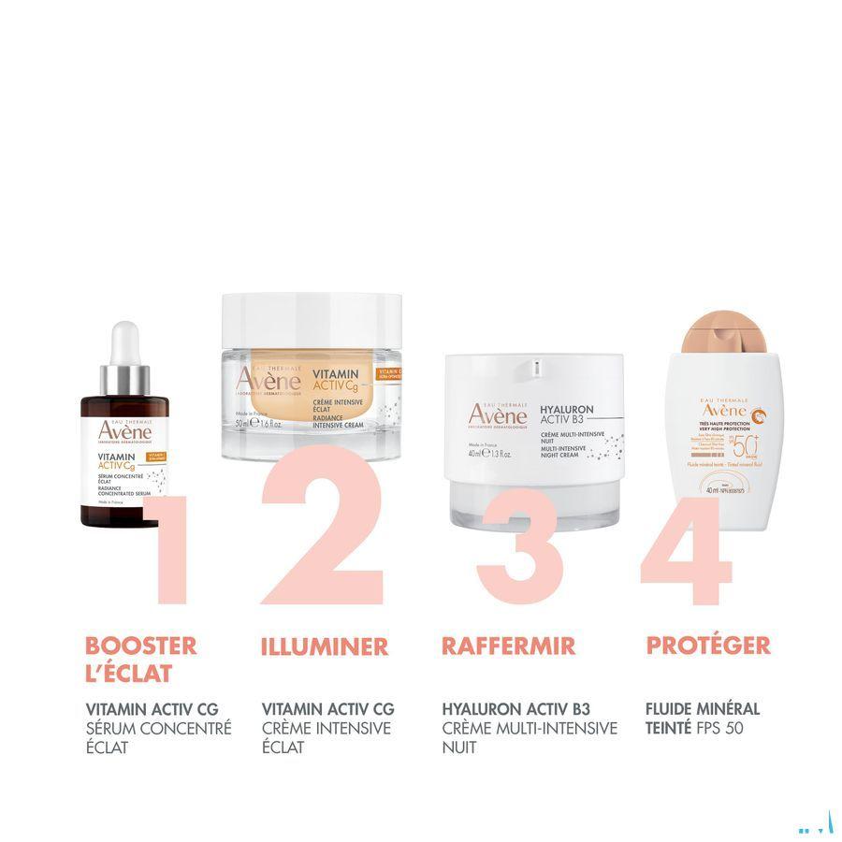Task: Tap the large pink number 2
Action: [323, 529]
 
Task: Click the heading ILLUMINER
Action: [325, 646]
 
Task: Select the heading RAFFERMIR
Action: [508, 646]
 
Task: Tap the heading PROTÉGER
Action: [708, 646]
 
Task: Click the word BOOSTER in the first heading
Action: [141, 646]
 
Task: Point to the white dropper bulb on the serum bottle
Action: [125, 343]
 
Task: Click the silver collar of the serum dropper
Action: [125, 381]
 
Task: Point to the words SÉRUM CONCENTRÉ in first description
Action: [158, 728]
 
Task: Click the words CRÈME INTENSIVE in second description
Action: [327, 728]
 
